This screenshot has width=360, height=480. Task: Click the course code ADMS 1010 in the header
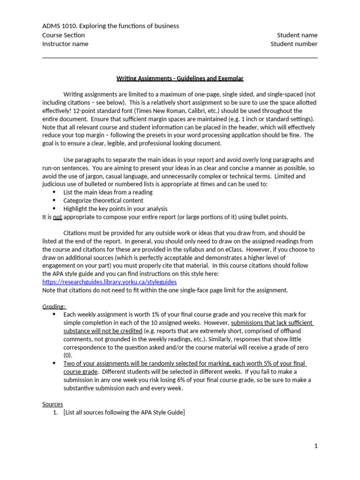click(58, 26)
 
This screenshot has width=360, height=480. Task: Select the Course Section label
click(64, 35)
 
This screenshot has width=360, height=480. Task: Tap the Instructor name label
click(65, 44)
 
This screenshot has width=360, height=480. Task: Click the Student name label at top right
click(297, 35)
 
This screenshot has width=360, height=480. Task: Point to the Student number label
click(294, 44)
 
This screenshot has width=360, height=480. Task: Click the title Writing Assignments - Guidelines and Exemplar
click(180, 78)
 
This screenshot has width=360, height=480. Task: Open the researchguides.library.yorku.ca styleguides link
click(109, 282)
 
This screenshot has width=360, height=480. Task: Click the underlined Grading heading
click(54, 307)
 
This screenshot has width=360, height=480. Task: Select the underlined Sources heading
click(52, 404)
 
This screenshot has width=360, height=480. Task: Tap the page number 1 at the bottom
click(316, 446)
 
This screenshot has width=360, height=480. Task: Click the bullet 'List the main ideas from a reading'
click(108, 192)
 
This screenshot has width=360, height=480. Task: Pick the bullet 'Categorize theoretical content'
click(103, 201)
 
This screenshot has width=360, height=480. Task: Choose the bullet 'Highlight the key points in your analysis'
click(115, 209)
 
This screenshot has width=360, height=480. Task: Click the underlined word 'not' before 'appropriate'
click(57, 217)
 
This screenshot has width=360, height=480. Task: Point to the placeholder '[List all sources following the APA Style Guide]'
click(124, 412)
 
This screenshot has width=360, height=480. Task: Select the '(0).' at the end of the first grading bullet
click(68, 355)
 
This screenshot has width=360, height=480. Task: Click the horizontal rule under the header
click(180, 58)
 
